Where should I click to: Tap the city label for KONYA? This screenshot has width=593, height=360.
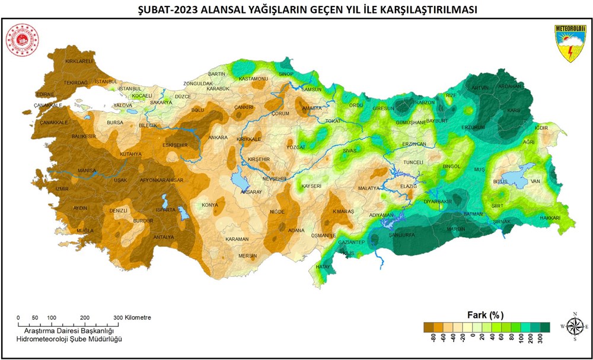(210, 205)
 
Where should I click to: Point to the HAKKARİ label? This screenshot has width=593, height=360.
(550, 218)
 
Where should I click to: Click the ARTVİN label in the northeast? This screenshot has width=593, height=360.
(480, 88)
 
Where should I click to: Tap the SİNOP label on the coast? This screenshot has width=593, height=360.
(286, 74)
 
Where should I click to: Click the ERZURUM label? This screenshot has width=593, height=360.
(473, 128)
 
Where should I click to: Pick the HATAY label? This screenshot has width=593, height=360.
(323, 267)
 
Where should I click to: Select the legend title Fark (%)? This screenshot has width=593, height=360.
(486, 314)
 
